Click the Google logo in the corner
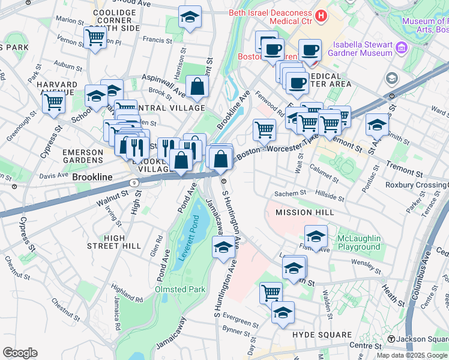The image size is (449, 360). (x=20, y=353)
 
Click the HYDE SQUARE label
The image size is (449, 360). (x=322, y=335)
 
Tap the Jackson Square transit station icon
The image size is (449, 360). (x=392, y=340)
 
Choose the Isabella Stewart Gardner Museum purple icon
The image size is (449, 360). (x=402, y=47)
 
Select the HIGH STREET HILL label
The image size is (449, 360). (x=114, y=242)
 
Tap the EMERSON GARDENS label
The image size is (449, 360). (x=83, y=156)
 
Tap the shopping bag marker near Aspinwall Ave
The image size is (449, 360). (x=197, y=87)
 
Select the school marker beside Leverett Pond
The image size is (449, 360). (x=223, y=247)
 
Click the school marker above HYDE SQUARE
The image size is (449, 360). (x=283, y=313)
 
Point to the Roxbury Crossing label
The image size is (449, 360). (x=415, y=185)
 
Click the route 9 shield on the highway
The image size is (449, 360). (x=133, y=182)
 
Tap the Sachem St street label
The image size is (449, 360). (x=291, y=194)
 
